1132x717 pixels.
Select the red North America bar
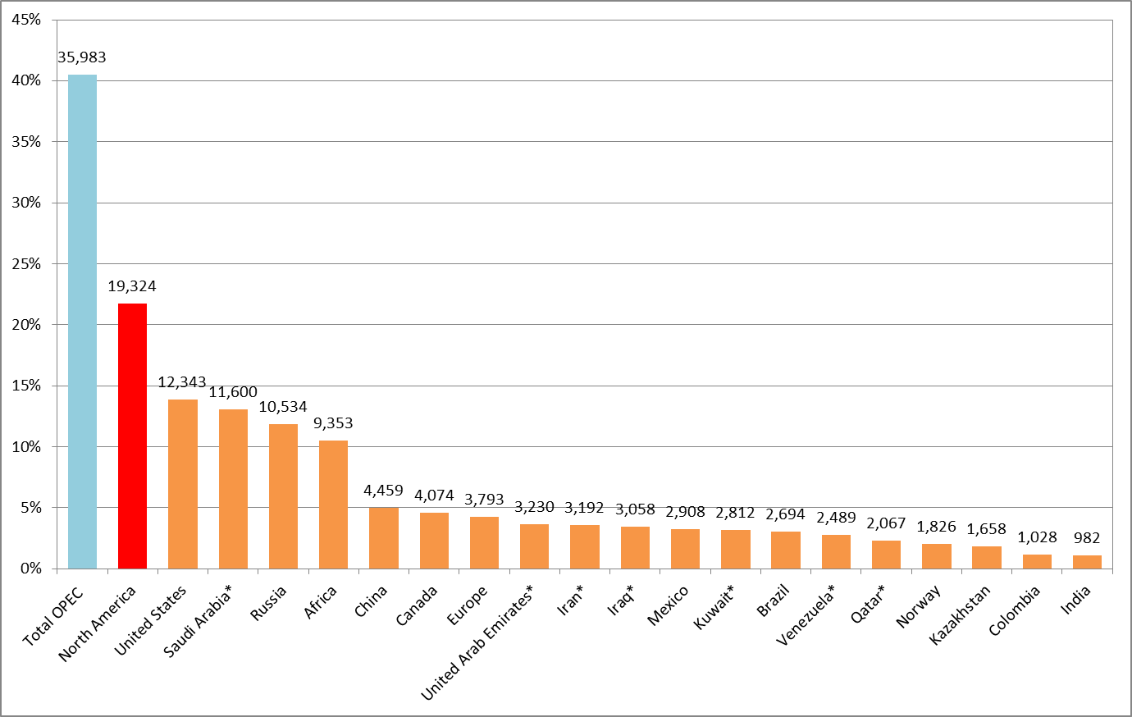click(132, 436)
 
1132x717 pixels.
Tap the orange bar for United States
click(183, 484)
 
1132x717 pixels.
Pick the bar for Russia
click(283, 496)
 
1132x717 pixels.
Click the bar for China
click(384, 538)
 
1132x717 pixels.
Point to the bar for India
click(1087, 562)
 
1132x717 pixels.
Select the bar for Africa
click(333, 505)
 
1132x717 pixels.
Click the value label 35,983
click(82, 57)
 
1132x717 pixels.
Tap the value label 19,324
click(132, 286)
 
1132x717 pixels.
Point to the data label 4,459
click(384, 491)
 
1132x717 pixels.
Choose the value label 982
click(1087, 538)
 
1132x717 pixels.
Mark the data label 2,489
click(836, 518)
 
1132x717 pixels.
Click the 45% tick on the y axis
click(26, 20)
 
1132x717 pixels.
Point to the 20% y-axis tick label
click(26, 325)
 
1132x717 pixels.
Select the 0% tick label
click(30, 569)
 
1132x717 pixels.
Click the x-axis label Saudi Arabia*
click(199, 620)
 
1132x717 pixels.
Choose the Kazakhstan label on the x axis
click(961, 614)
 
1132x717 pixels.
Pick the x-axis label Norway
click(919, 608)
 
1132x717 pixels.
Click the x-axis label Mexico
click(669, 606)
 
